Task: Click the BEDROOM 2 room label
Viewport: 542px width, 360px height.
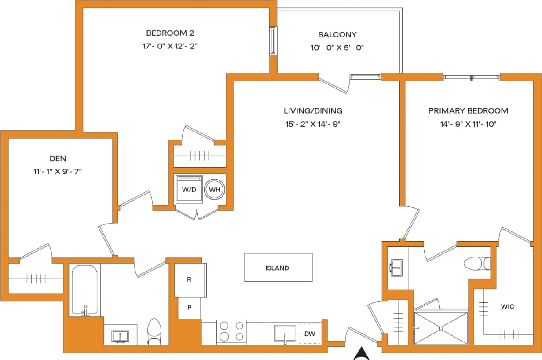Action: click(x=170, y=33)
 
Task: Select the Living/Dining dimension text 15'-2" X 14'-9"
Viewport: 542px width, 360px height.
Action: click(x=313, y=124)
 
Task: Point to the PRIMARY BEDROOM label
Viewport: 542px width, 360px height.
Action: click(x=469, y=111)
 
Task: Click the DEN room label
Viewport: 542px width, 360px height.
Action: click(x=58, y=158)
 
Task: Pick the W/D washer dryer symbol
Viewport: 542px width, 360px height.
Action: click(x=189, y=189)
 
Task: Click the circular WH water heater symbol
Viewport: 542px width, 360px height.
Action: click(x=215, y=190)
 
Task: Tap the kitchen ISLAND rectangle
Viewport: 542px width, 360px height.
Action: click(x=278, y=268)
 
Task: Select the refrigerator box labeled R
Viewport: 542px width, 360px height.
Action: click(x=190, y=279)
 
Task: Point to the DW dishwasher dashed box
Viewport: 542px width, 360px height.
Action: click(x=310, y=334)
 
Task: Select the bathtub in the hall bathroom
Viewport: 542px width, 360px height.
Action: click(x=85, y=290)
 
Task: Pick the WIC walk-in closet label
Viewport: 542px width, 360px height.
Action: click(x=507, y=306)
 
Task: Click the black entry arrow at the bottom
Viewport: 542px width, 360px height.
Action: click(x=361, y=353)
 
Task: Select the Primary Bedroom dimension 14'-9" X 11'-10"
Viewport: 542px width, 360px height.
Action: click(x=469, y=124)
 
